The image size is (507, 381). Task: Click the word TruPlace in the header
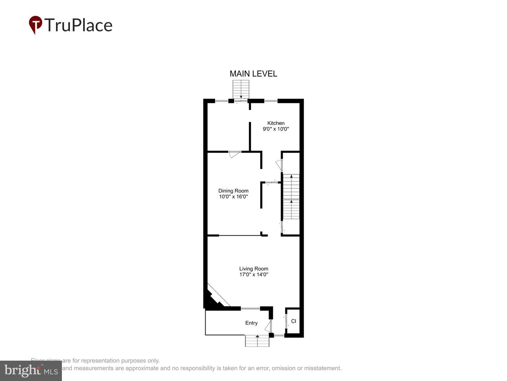tap(78, 25)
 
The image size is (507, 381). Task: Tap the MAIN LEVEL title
tap(253, 74)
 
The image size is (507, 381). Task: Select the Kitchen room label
tap(276, 123)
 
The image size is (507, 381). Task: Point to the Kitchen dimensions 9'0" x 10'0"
tap(276, 129)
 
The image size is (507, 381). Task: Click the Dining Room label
tap(233, 191)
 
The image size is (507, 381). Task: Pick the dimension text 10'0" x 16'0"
tap(233, 197)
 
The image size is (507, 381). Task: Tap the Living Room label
tap(254, 269)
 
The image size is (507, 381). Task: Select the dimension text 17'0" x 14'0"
tap(254, 274)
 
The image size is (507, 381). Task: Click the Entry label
tap(251, 323)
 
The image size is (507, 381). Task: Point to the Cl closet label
tap(294, 321)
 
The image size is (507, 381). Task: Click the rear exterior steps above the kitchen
tap(241, 89)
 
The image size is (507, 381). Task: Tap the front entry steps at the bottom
tap(257, 341)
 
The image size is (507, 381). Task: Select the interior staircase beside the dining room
tap(291, 196)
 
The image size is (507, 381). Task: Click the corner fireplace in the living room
tap(215, 298)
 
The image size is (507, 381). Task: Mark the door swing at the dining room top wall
tap(234, 154)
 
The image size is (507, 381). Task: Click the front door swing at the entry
tap(269, 326)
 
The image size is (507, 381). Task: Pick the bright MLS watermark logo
tap(31, 370)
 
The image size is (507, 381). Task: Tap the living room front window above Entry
tap(250, 309)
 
